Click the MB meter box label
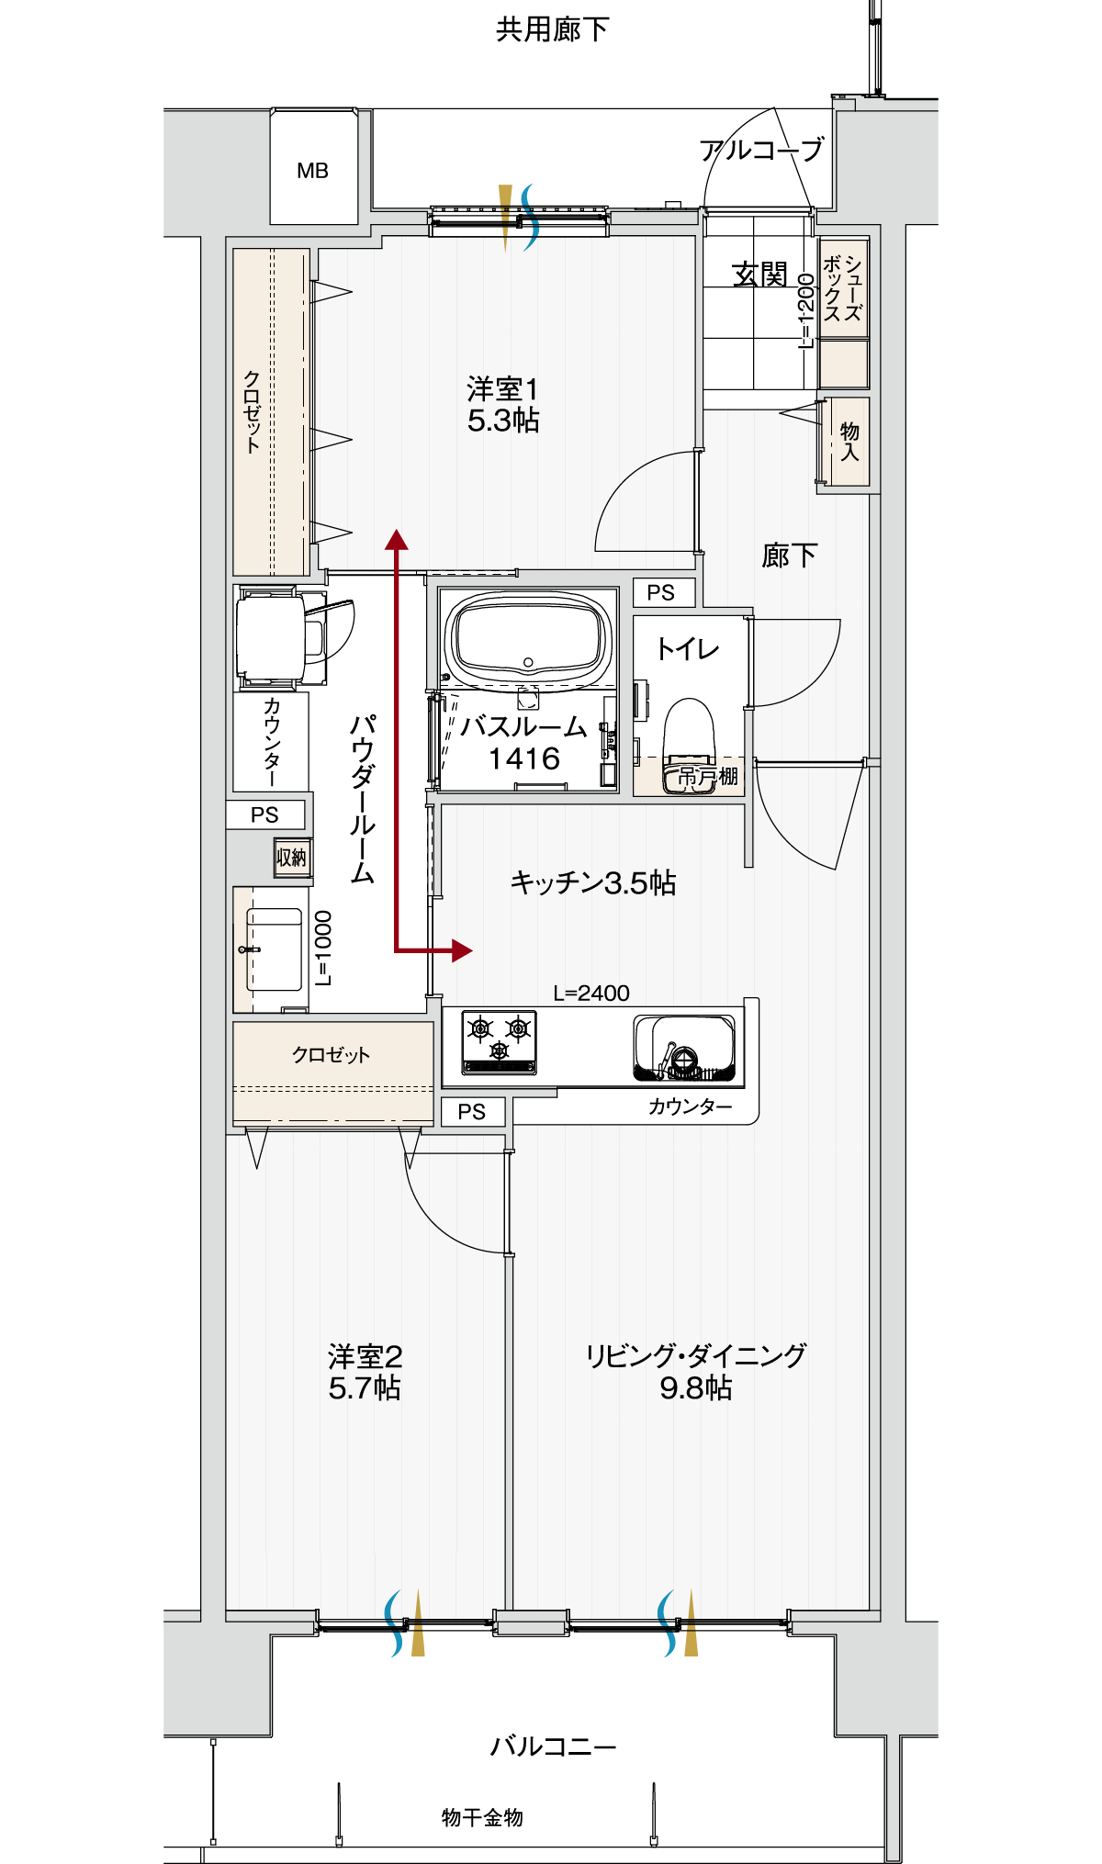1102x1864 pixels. [x=312, y=171]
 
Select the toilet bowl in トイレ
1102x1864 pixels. [x=689, y=735]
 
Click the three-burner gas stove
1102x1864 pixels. [x=499, y=1042]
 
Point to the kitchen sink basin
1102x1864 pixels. [x=684, y=1047]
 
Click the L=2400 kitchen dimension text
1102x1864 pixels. [x=591, y=993]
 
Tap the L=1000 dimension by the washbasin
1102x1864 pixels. [x=323, y=948]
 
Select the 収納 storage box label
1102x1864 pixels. [x=292, y=858]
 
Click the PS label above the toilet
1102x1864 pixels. [x=660, y=593]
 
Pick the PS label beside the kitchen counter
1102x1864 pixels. [x=471, y=1112]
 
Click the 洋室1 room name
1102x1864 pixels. [x=502, y=389]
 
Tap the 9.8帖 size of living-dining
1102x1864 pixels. [x=695, y=1387]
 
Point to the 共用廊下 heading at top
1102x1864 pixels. [x=552, y=30]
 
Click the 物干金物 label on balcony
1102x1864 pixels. [x=482, y=1817]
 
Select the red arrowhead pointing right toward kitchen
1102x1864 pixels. [x=461, y=950]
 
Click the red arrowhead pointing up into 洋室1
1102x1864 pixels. [x=397, y=540]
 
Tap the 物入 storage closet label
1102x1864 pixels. [x=850, y=441]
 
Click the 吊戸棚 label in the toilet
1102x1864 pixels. [x=707, y=777]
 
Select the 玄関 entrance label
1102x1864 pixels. [x=759, y=274]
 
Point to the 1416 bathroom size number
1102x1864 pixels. [x=523, y=759]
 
